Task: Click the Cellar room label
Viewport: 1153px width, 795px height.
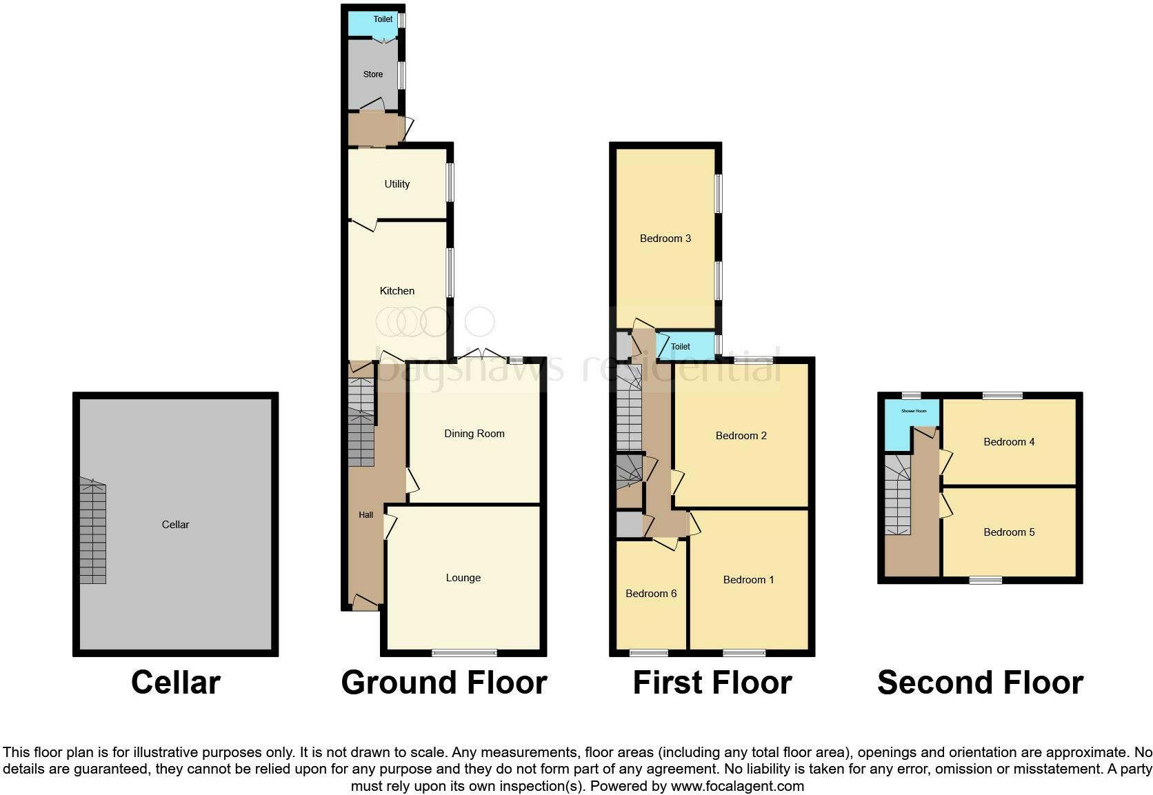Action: pos(175,525)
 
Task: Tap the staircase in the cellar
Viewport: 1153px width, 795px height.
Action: pos(93,532)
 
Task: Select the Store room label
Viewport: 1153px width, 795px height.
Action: pos(373,74)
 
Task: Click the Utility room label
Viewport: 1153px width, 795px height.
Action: pos(397,184)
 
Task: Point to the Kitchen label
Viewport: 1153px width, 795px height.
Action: pos(397,291)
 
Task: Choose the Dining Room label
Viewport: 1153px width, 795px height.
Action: pos(474,434)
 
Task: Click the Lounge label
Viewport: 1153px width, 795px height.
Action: pos(463,578)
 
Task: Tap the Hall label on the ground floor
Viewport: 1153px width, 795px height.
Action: pos(365,515)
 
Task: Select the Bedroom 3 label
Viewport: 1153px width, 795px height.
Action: pos(665,239)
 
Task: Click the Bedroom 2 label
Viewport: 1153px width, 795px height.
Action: pos(741,436)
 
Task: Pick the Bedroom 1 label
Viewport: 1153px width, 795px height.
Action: pos(748,580)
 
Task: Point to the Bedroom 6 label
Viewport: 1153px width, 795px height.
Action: pos(651,594)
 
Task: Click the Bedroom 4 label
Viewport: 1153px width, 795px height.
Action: pos(1009,442)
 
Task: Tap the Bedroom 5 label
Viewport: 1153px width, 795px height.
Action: pos(1009,532)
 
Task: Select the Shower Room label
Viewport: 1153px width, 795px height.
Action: pos(914,411)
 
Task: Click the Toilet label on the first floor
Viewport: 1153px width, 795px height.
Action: pos(681,347)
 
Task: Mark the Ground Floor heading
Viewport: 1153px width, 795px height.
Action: pos(444,683)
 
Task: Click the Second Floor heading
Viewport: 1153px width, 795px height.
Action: pos(980,683)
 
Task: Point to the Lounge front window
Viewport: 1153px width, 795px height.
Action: pos(464,652)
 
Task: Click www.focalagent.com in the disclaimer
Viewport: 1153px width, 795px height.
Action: pos(737,786)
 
